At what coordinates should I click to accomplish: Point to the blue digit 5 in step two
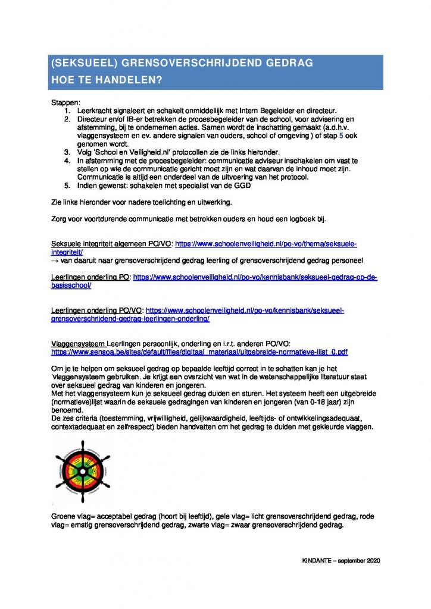341,135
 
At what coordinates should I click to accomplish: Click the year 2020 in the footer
371,561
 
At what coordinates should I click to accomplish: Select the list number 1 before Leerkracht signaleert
67,111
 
